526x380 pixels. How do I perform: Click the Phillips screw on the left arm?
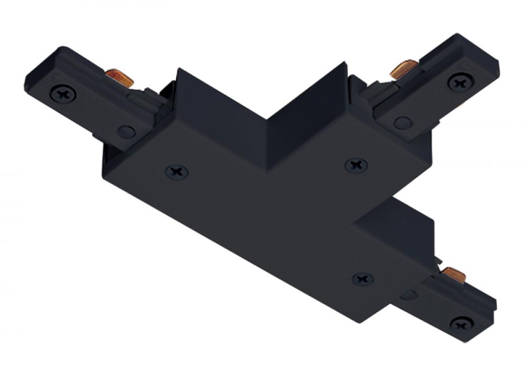coord(63,95)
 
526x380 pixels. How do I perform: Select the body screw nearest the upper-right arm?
coord(356,166)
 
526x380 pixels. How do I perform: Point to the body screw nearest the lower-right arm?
coord(362,278)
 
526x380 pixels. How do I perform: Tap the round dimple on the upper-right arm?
coord(403,123)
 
